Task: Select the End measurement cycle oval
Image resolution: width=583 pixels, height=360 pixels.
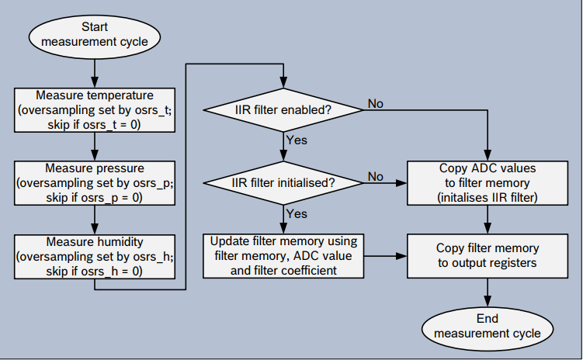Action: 488,327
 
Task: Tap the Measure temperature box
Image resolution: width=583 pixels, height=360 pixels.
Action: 94,109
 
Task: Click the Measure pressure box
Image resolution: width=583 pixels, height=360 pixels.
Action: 94,182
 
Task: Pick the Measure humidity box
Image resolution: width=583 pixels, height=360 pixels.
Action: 94,256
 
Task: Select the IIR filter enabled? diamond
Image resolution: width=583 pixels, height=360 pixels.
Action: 283,110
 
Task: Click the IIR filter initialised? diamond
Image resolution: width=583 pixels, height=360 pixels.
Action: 283,183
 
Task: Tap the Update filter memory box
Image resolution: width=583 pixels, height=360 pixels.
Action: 283,256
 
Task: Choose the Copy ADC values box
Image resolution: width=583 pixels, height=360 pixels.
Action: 488,183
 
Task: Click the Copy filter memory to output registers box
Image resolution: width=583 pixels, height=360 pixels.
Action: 488,256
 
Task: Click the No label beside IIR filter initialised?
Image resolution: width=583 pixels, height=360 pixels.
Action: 375,177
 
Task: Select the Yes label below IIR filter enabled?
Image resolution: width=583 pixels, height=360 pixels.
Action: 297,140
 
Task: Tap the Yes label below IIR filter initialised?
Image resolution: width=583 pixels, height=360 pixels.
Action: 297,213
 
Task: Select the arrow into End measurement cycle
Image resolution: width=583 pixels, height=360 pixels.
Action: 488,293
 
